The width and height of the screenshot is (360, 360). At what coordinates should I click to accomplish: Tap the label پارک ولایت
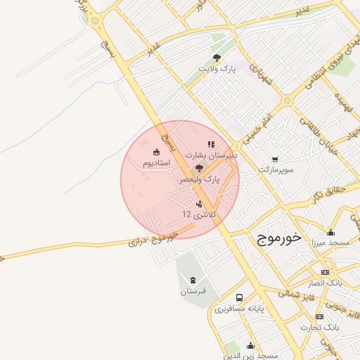[217, 69]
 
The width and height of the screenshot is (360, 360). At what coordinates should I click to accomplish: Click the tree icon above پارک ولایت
[217, 58]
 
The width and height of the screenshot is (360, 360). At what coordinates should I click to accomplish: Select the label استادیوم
[157, 162]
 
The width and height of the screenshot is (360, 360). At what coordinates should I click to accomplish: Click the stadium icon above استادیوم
[156, 151]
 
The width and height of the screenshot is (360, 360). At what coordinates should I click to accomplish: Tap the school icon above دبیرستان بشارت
[211, 143]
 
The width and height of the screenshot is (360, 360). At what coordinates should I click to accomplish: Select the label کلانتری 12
[200, 214]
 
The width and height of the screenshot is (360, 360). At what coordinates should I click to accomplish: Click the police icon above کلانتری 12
[199, 204]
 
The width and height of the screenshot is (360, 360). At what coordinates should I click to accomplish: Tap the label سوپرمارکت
[274, 169]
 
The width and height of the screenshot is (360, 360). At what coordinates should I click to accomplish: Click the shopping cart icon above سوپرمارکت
[274, 159]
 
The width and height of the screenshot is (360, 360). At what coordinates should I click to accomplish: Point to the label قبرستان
[193, 292]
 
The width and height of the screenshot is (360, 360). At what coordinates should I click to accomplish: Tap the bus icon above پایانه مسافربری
[239, 297]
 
